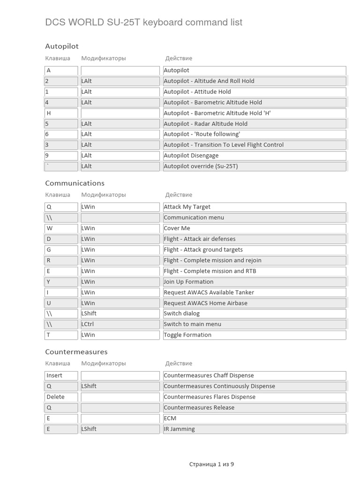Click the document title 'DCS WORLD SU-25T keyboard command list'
143,22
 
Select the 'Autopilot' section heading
62,46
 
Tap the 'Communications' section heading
75,183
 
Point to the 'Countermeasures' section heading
76,352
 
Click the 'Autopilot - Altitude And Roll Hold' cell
254,81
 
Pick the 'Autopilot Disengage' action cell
254,156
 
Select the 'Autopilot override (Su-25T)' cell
254,166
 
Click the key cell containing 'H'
61,113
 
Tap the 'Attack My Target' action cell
254,207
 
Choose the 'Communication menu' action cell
254,217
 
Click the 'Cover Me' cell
254,228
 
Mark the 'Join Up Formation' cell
254,282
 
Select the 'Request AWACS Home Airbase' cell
254,303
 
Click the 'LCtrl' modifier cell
120,324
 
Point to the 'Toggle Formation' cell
254,335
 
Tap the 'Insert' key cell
61,375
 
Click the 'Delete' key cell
61,397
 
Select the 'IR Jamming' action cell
254,429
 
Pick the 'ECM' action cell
254,418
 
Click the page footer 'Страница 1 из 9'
211,464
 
